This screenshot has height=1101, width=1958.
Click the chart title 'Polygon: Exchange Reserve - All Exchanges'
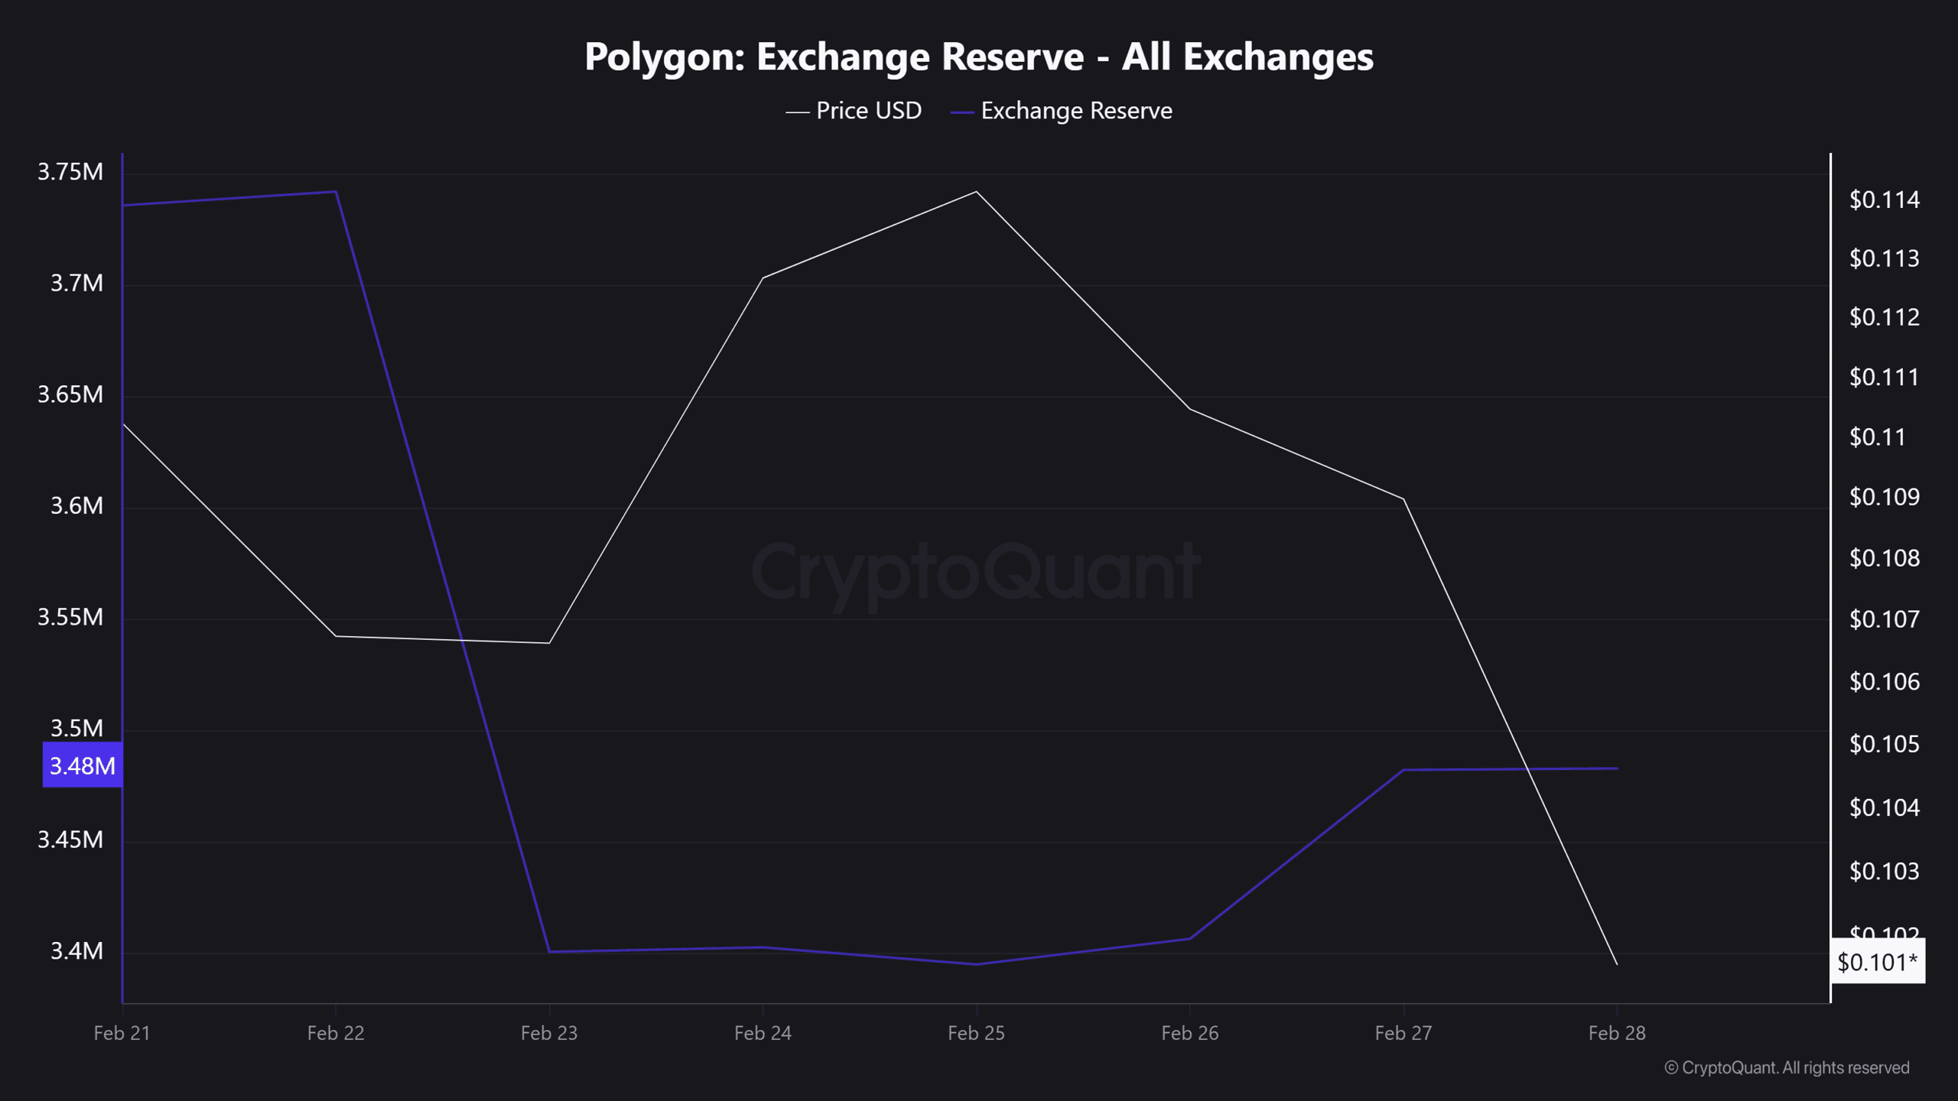(978, 57)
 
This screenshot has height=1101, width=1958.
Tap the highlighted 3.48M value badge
(83, 765)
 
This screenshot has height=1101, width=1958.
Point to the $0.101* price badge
(1877, 962)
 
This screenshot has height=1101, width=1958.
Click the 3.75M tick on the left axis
(70, 172)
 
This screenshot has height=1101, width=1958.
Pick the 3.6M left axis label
(76, 506)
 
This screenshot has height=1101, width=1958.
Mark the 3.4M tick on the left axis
(76, 951)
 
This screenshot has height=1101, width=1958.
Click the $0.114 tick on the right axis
(1884, 200)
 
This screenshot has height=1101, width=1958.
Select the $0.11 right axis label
(1877, 437)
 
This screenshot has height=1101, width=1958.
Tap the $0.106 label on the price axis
(1884, 682)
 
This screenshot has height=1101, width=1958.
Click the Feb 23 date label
(549, 1034)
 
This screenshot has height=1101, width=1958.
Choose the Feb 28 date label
(1616, 1034)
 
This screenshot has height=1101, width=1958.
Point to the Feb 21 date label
(122, 1034)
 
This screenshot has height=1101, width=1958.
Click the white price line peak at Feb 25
(976, 192)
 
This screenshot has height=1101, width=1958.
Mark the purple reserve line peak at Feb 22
(336, 192)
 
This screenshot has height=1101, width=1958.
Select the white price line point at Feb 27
(1403, 499)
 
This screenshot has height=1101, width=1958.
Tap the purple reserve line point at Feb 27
(1403, 770)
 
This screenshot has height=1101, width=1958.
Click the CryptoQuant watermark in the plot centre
(976, 572)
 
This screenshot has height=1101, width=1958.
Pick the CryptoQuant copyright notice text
(1787, 1068)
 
